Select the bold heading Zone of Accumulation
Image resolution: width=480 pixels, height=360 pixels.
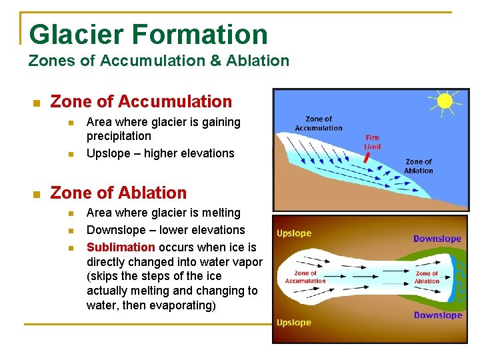tap(141, 102)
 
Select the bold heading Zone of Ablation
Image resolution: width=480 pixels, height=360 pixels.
tap(119, 193)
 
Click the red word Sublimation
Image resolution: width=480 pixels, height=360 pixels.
tap(121, 247)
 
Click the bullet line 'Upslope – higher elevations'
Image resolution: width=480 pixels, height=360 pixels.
tap(160, 153)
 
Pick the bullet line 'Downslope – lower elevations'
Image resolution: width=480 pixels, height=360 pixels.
tap(165, 230)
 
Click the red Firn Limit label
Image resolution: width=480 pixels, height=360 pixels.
tap(372, 142)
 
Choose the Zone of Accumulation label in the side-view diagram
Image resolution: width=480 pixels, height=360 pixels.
tap(319, 124)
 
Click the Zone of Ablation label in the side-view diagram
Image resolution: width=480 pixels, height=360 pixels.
tap(419, 166)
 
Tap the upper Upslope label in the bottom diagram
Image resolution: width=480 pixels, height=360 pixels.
tap(294, 234)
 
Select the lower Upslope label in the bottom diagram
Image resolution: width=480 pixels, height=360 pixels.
tap(294, 323)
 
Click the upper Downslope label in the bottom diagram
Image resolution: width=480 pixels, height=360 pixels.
tap(437, 239)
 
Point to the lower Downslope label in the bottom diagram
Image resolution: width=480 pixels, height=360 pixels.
tap(437, 315)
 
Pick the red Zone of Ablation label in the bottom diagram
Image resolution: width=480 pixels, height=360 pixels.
tap(427, 277)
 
